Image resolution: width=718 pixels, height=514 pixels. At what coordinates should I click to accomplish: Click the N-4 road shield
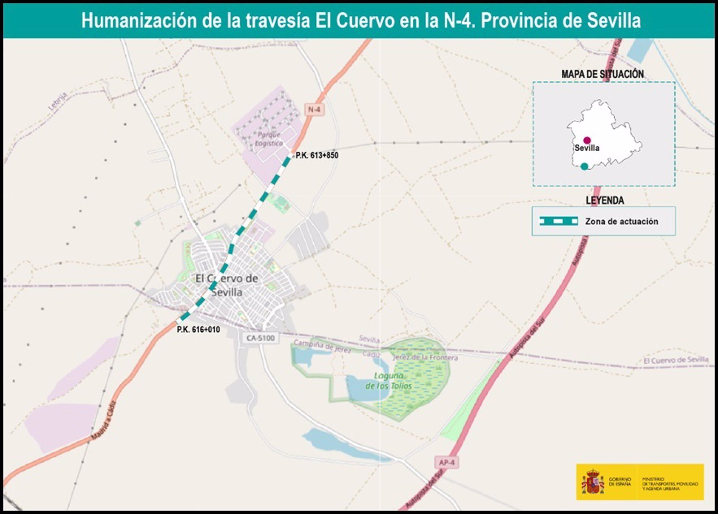[x=314, y=109]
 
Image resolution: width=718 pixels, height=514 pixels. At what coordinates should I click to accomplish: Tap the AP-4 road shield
[x=447, y=462]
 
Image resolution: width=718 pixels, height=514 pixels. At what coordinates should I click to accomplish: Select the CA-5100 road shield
[x=261, y=338]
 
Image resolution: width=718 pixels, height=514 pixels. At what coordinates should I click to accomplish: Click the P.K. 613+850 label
[x=317, y=155]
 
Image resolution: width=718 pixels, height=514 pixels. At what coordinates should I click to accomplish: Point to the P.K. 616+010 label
[x=198, y=329]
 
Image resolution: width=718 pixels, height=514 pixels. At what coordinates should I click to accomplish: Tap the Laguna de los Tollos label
[x=389, y=381]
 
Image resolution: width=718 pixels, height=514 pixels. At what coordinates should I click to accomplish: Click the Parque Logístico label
[x=269, y=139]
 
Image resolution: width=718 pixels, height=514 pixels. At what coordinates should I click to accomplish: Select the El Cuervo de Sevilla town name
[x=227, y=285]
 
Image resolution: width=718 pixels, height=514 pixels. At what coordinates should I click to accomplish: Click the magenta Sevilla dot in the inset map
[x=587, y=140]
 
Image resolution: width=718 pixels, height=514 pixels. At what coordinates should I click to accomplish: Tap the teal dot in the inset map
[x=584, y=167]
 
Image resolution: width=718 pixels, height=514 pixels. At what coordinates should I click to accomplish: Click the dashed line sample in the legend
[x=559, y=221]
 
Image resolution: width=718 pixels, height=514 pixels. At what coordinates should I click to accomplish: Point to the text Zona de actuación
[x=622, y=222]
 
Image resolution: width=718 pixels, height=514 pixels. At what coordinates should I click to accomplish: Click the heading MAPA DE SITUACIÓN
[x=602, y=74]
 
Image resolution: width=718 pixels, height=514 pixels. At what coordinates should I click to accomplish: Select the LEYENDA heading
[x=605, y=201]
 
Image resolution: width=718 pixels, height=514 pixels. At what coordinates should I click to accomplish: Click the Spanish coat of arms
[x=593, y=482]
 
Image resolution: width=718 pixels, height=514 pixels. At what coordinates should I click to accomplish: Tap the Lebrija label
[x=58, y=101]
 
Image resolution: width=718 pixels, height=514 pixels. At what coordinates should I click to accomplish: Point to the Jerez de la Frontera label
[x=425, y=357]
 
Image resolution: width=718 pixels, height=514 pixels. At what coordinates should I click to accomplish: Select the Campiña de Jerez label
[x=322, y=346]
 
